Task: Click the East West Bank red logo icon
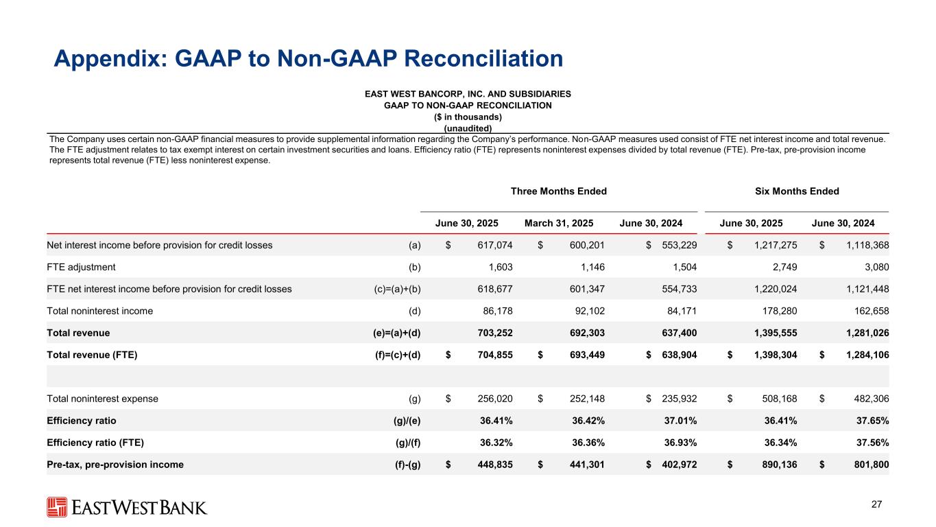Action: coord(57,507)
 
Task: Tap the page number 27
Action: coord(876,504)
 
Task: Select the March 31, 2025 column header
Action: coord(559,222)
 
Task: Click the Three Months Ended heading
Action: coord(559,191)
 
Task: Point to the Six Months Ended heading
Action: coord(796,191)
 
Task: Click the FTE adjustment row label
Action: coord(81,267)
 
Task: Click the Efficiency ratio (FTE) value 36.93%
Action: coord(678,443)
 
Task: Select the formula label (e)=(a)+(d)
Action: coord(392,333)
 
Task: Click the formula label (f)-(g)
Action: coord(405,465)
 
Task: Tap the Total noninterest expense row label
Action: coord(102,399)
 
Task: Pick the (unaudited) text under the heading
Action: coord(468,128)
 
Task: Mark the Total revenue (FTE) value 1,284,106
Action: coord(863,355)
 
